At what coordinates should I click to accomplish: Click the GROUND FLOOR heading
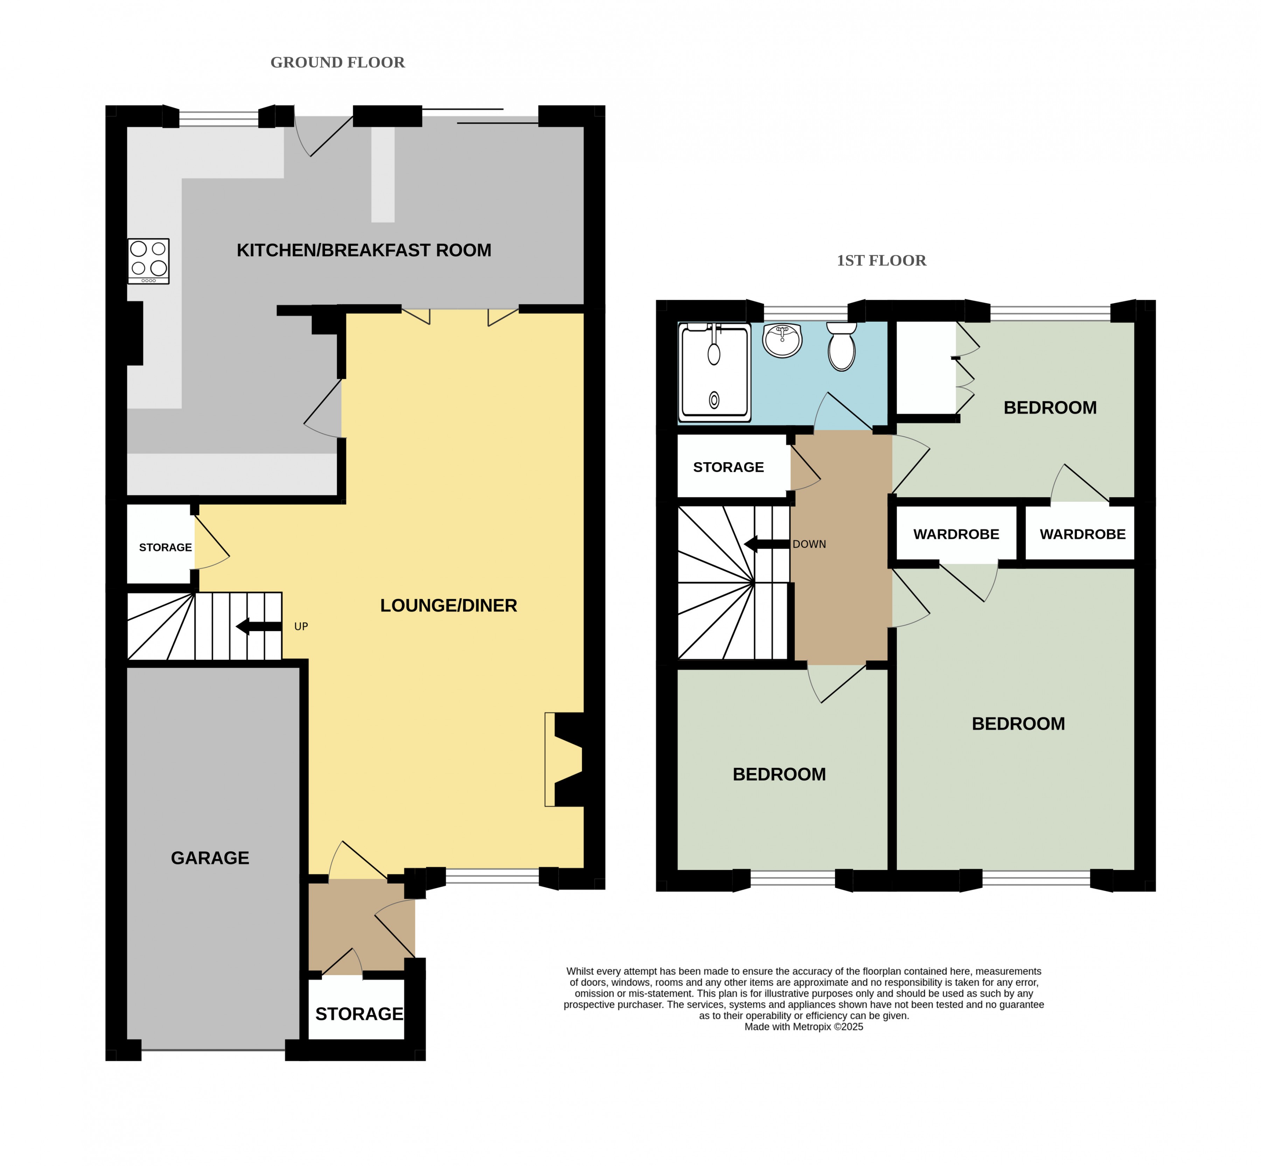coord(337,62)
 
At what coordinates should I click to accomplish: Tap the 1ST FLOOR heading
coord(881,261)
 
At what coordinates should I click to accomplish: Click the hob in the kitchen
coord(148,261)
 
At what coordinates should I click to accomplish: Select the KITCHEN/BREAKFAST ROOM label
coord(364,250)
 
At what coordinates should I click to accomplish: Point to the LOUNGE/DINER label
coord(448,606)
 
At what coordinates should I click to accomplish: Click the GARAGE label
coord(210,858)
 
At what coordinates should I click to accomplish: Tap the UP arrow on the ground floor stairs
coord(259,626)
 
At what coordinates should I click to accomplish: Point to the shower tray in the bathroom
coord(715,372)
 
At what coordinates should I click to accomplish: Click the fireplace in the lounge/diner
coord(565,760)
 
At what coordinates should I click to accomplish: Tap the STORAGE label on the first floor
coord(729,467)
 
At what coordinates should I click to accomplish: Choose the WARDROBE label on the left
coord(956,534)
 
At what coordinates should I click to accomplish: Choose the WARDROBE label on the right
coord(1082,534)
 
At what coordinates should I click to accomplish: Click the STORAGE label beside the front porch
coord(359,1014)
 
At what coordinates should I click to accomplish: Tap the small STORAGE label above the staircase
coord(165,548)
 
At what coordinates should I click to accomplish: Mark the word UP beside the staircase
coord(301,626)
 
